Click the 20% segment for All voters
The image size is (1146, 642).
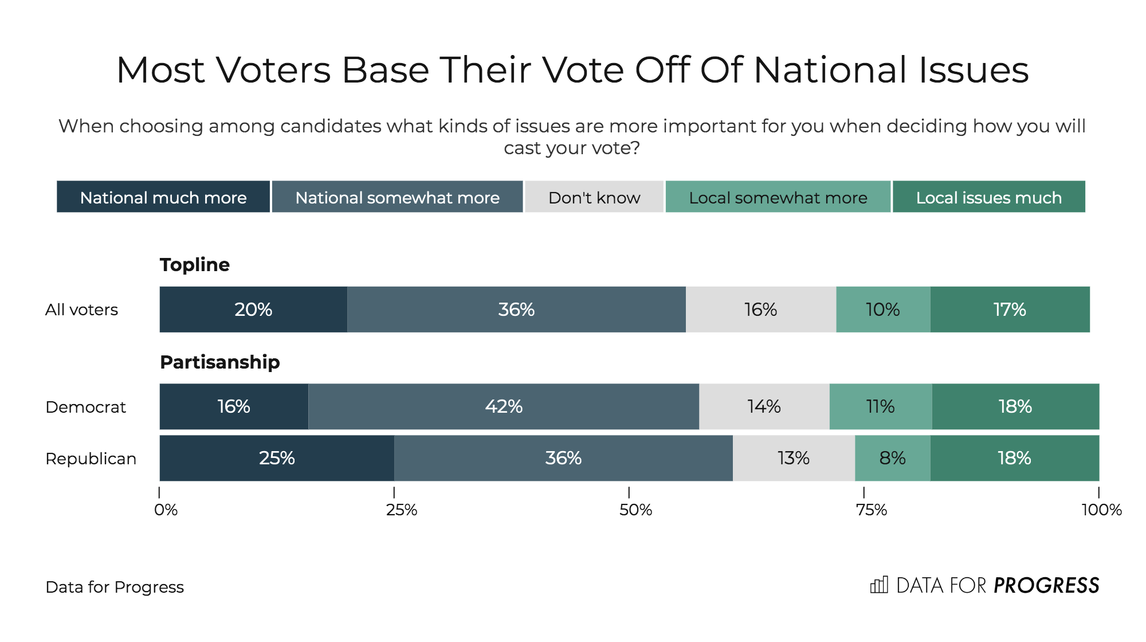(x=253, y=310)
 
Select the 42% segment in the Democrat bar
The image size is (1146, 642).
(x=504, y=406)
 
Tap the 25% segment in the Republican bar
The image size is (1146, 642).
(x=277, y=458)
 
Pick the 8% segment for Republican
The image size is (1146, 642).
(x=892, y=458)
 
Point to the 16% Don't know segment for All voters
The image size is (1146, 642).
(x=760, y=310)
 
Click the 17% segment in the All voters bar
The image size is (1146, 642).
(x=1010, y=310)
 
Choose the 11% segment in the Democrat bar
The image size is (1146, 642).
(x=880, y=406)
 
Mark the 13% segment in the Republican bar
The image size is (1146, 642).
(x=794, y=458)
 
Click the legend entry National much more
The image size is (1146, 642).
(x=163, y=197)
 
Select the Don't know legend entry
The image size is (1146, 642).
(x=594, y=197)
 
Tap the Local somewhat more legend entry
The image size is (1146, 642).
(x=778, y=197)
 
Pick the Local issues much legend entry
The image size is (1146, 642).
(x=988, y=197)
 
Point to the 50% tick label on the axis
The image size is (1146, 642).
(x=635, y=510)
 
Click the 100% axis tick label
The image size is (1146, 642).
(x=1101, y=510)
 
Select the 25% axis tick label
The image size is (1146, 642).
(x=401, y=510)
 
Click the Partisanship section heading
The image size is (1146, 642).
(x=220, y=362)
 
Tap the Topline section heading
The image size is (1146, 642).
(x=195, y=264)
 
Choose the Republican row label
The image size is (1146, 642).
(x=91, y=459)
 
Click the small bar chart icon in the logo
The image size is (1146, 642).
(x=879, y=585)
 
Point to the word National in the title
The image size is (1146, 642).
(x=830, y=70)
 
